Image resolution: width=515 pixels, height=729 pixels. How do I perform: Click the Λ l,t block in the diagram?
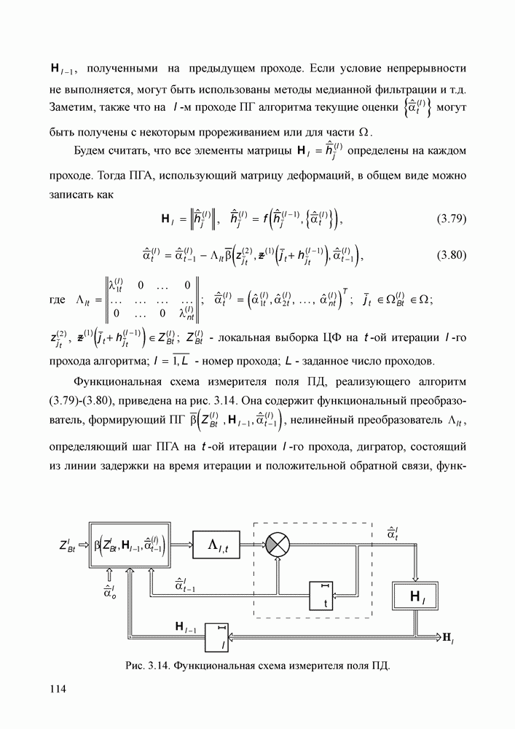click(219, 543)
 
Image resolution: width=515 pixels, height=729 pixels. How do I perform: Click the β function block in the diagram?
click(129, 544)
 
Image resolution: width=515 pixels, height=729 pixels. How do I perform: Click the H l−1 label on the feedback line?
click(185, 627)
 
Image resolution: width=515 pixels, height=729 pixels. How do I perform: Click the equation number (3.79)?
click(452, 218)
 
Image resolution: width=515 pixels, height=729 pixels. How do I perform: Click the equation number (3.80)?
click(452, 256)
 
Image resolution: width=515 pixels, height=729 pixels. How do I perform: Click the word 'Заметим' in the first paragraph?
click(74, 109)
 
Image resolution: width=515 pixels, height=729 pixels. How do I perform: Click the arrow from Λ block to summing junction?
click(254, 543)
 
